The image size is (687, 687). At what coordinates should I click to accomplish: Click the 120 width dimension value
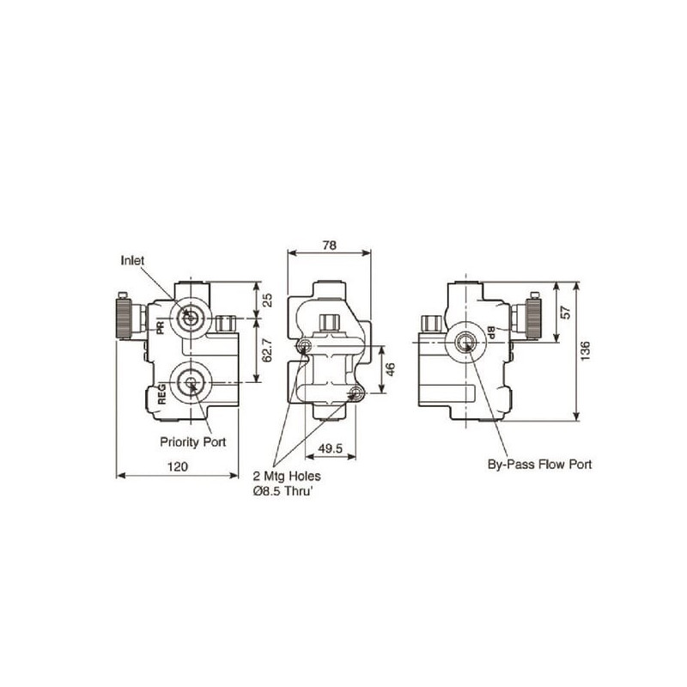point(178,466)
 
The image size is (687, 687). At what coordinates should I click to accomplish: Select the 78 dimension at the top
point(329,246)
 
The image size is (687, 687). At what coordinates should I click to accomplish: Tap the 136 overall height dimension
point(586,351)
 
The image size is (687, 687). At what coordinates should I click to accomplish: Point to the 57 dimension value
point(566,313)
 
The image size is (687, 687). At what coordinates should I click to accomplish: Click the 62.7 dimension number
point(267,350)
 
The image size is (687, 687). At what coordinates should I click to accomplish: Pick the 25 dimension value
point(267,300)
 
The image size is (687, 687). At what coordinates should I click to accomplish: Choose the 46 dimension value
point(391,369)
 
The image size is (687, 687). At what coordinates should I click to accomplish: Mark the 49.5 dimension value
point(331,448)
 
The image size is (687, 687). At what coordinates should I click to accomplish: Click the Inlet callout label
point(132,260)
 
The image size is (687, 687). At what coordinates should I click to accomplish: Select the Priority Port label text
point(192,441)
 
